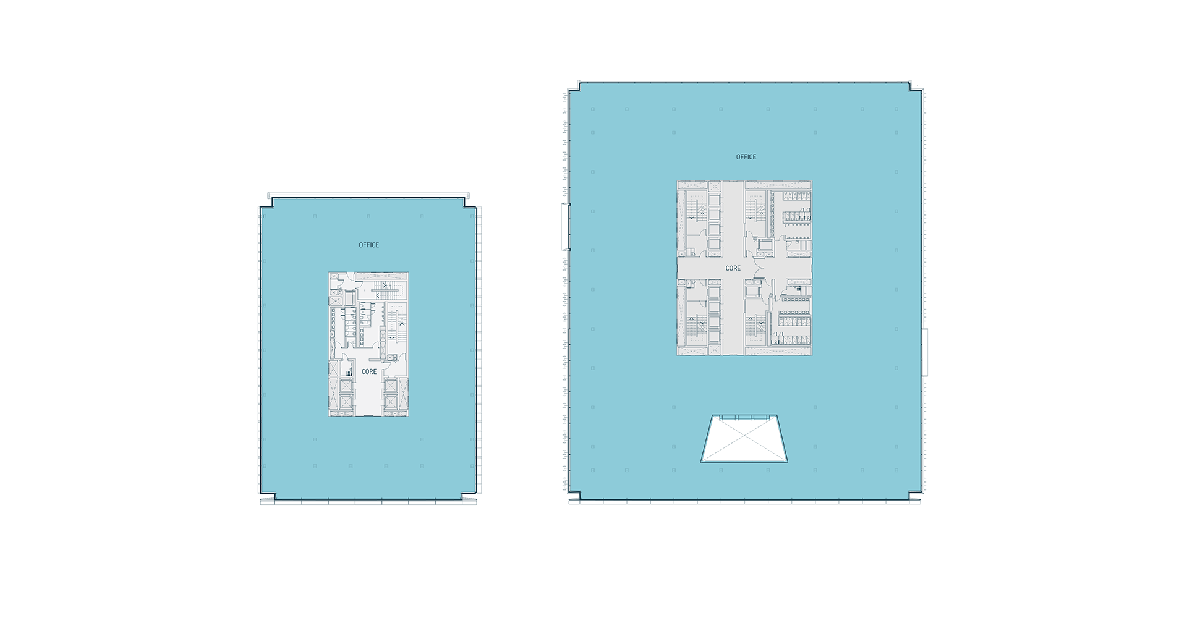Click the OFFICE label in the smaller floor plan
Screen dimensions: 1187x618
point(369,245)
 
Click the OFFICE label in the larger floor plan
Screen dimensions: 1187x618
point(746,157)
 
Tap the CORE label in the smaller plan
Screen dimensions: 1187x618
point(369,372)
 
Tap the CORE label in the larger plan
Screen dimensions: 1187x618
point(733,268)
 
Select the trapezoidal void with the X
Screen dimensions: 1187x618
point(744,439)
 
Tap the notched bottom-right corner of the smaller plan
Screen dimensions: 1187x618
point(470,496)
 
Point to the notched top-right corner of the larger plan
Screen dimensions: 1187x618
point(915,87)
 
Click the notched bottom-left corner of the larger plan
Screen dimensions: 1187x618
point(576,495)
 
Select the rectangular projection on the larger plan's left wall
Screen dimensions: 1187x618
point(564,227)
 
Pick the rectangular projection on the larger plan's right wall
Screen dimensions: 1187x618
point(925,352)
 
